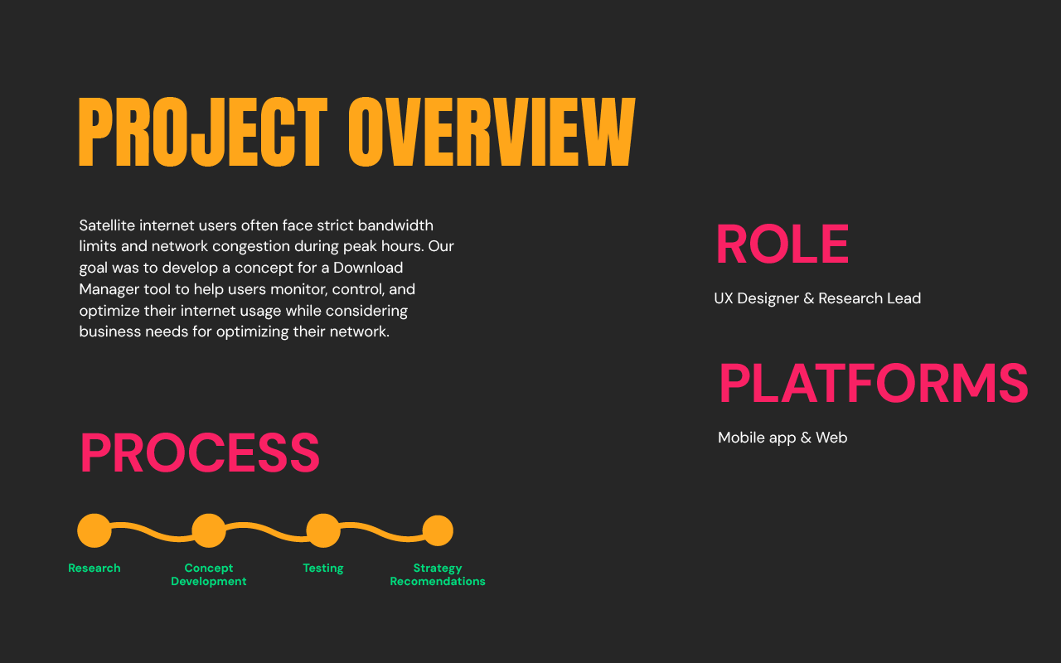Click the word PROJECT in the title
tap(202, 133)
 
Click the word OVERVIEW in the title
tap(491, 133)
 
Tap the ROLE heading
tap(782, 245)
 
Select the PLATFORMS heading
tap(873, 385)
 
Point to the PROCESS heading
tap(200, 453)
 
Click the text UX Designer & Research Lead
tap(817, 298)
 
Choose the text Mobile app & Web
tap(782, 438)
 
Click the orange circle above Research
tap(94, 530)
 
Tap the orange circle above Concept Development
tap(209, 530)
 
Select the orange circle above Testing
tap(323, 530)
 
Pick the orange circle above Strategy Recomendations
tap(438, 530)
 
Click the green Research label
tap(94, 569)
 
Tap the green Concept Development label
tap(209, 575)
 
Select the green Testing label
tap(323, 569)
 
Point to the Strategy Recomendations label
tap(438, 575)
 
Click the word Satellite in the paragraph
tap(107, 225)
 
